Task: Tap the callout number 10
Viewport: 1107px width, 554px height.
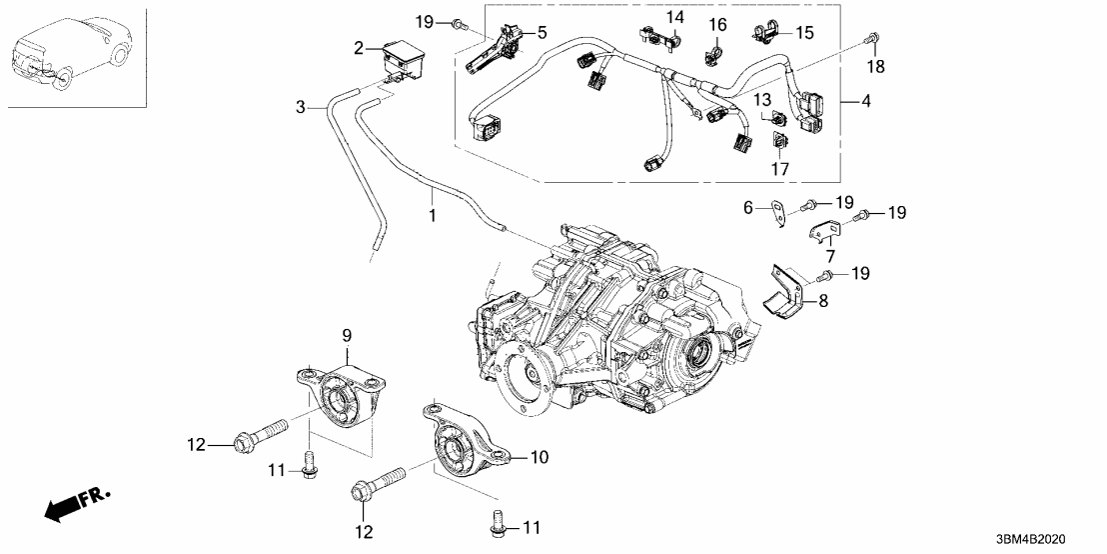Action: click(539, 457)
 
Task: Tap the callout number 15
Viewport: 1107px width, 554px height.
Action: click(804, 33)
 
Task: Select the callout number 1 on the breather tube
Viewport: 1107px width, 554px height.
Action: click(432, 214)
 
